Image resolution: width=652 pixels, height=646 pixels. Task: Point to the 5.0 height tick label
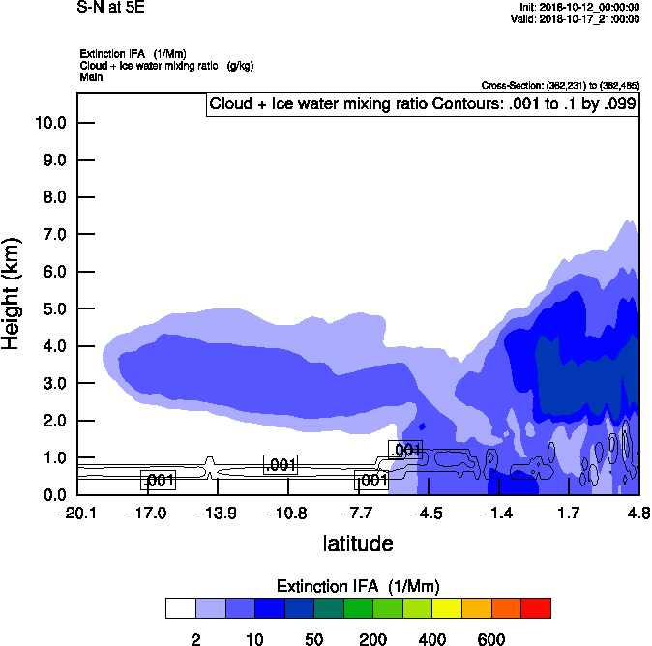pyautogui.click(x=54, y=309)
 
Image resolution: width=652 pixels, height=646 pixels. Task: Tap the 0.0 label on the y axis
pyautogui.click(x=54, y=495)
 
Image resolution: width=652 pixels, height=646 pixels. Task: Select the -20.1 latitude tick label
pyautogui.click(x=77, y=513)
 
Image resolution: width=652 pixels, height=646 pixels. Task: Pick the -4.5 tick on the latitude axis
pyautogui.click(x=430, y=513)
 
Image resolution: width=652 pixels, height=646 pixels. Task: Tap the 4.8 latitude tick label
pyautogui.click(x=638, y=513)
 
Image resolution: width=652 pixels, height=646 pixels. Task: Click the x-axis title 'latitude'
pyautogui.click(x=358, y=543)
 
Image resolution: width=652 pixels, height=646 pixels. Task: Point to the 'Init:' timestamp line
pyautogui.click(x=578, y=7)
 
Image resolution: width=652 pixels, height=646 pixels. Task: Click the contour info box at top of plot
pyautogui.click(x=422, y=104)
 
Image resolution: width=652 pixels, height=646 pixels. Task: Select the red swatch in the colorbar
pyautogui.click(x=536, y=608)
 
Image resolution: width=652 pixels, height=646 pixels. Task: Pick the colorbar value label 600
pyautogui.click(x=491, y=639)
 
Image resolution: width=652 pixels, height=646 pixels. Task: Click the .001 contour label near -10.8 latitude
pyautogui.click(x=281, y=465)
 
